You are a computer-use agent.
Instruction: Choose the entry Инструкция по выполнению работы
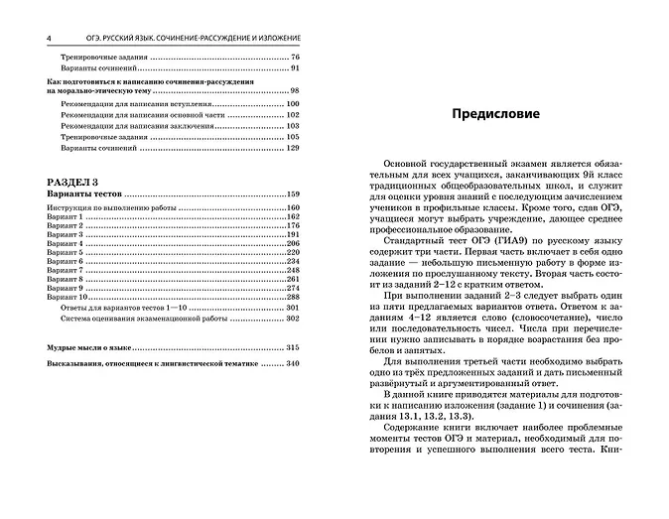click(103, 206)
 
